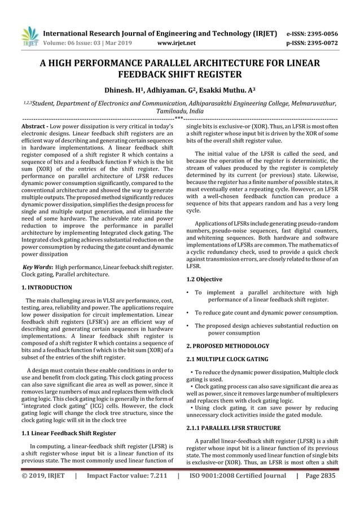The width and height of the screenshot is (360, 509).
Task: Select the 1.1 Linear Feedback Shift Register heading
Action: (x=68, y=433)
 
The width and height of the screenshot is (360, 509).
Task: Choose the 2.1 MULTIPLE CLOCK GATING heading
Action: (x=227, y=359)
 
